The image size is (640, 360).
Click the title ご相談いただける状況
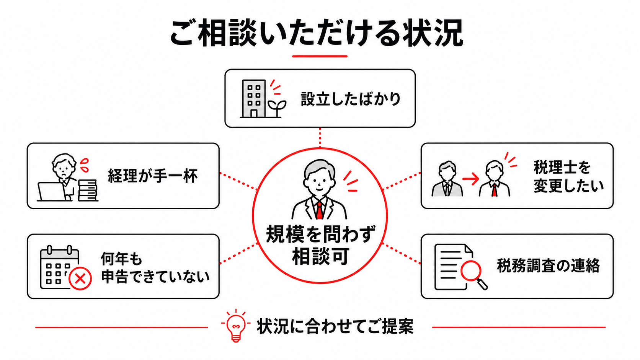(317, 33)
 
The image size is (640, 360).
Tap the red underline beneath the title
(320, 56)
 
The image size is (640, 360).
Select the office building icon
(254, 98)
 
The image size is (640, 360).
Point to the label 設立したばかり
(351, 99)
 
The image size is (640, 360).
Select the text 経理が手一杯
(153, 176)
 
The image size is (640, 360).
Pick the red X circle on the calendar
(80, 279)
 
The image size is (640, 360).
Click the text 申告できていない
(156, 277)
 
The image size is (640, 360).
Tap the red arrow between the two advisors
(470, 179)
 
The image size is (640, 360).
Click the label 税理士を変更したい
(568, 176)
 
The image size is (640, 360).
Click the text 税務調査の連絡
(549, 266)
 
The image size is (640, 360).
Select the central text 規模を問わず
(320, 235)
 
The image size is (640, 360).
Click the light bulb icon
(236, 326)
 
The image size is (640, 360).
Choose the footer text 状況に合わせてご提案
(335, 326)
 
